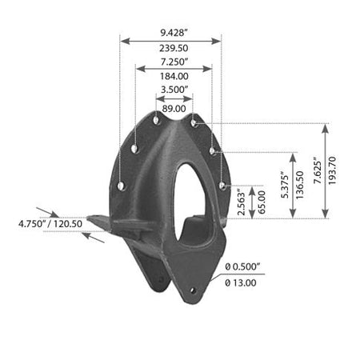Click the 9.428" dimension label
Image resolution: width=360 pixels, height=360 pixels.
pos(174,33)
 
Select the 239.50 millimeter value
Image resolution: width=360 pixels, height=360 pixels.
pos(174,48)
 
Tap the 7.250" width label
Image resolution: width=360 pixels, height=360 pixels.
pos(174,62)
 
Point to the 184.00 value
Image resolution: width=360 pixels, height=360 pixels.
pos(174,76)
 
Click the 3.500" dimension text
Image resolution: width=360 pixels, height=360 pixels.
pos(174,90)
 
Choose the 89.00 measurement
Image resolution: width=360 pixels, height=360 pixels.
pos(174,109)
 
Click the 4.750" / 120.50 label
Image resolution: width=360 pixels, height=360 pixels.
pos(50,223)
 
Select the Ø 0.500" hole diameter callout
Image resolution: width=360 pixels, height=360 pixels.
pos(242,266)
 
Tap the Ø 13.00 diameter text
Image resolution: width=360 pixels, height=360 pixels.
pos(241,282)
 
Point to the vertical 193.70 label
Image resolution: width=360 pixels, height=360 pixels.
pos(332,170)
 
